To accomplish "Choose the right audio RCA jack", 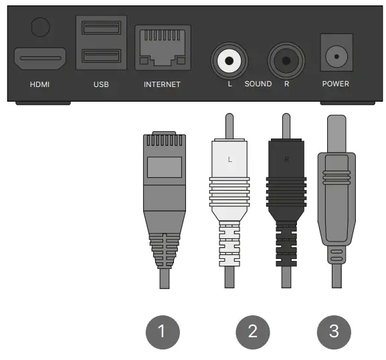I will coord(286,61).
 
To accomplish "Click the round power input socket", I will coord(338,57).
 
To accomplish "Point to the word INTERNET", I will coord(163,85).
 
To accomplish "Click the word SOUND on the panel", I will coord(258,84).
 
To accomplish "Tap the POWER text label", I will coord(336,84).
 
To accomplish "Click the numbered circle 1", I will coord(163,331).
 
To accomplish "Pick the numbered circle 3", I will coord(332,331).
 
